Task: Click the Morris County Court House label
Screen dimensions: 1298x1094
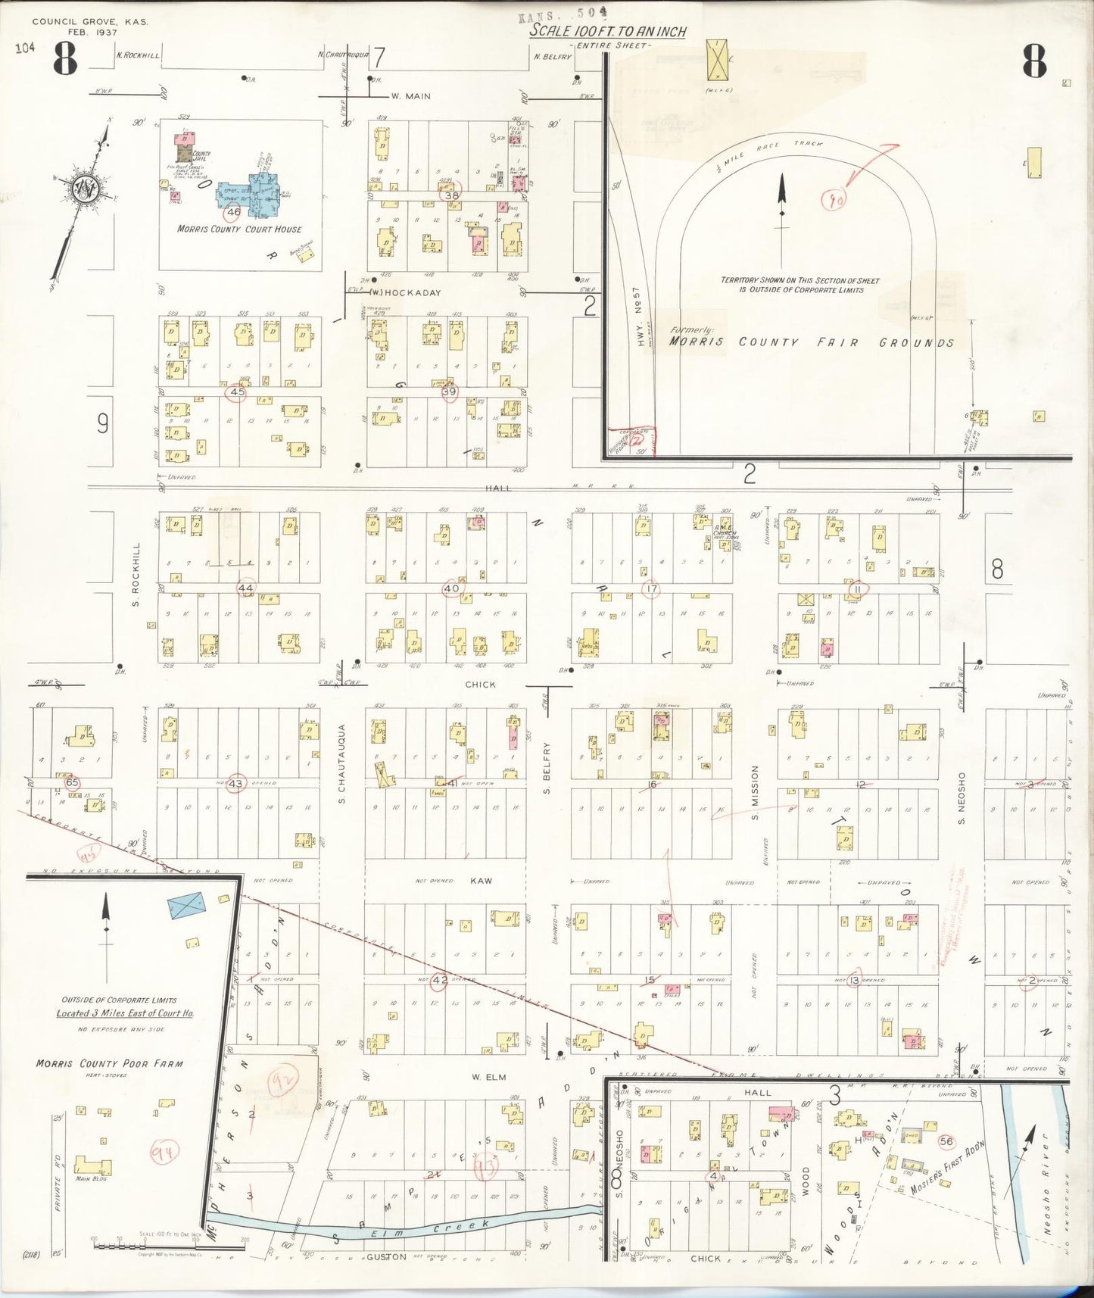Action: tap(239, 229)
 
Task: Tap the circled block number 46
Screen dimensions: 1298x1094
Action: tap(233, 212)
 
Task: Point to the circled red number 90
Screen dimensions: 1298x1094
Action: tap(834, 199)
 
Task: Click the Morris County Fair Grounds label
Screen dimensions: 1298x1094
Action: tap(811, 342)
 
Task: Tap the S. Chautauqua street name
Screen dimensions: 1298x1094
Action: tap(342, 763)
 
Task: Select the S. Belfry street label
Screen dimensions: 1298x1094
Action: tap(547, 768)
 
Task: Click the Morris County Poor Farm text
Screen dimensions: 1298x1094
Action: tap(109, 1063)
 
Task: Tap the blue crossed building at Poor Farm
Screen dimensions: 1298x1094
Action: tap(189, 905)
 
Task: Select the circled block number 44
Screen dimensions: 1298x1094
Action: tap(245, 588)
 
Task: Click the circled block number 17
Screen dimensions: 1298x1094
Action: tap(650, 588)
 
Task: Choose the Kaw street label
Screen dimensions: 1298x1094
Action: tap(481, 881)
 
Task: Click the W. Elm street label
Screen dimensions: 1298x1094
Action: tap(488, 1076)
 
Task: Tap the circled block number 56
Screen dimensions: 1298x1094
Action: tap(945, 1141)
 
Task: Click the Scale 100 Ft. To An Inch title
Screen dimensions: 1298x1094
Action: tap(607, 31)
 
